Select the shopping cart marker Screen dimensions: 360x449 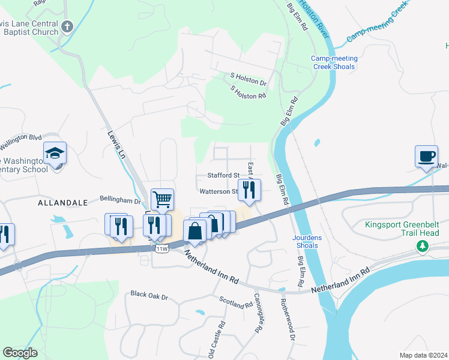click(162, 199)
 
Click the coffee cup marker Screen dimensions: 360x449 click(426, 157)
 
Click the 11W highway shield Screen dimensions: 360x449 click(161, 248)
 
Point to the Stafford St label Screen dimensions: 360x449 click(223, 175)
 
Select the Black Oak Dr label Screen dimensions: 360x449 click(149, 296)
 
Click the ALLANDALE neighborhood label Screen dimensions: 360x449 click(63, 203)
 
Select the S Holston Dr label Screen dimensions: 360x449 click(248, 79)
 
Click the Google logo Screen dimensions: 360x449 click(20, 353)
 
